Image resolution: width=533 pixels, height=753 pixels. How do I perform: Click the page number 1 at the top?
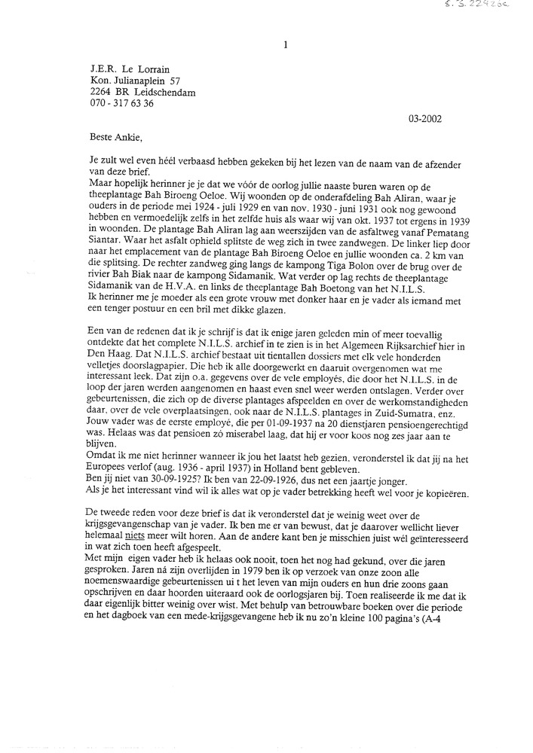285,45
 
